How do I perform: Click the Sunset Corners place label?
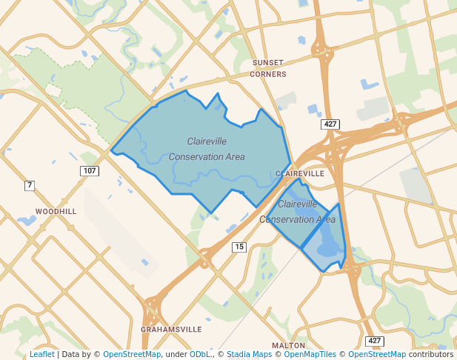point(268,68)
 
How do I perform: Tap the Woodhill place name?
point(56,211)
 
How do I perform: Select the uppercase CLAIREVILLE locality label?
point(299,173)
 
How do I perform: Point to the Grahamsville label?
point(171,329)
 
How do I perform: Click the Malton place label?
point(288,345)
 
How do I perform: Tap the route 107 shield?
point(89,171)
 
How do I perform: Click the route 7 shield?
point(30,185)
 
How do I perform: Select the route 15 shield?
point(238,247)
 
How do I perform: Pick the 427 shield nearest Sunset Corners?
point(330,124)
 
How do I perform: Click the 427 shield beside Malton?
point(375,341)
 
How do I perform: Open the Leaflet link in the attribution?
point(41,355)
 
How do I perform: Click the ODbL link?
point(201,355)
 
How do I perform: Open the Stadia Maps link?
point(249,355)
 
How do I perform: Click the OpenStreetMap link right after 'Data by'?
point(131,355)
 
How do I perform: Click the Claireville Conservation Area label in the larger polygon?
point(207,149)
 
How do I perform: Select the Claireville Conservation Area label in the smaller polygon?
point(298,211)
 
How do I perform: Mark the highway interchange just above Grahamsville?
point(155,304)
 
